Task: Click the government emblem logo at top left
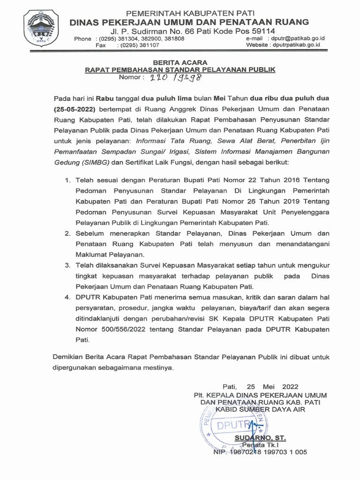42,29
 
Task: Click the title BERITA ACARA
180,62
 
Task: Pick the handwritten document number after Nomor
172,78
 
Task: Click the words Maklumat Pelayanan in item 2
111,255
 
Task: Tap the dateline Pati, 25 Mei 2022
260,387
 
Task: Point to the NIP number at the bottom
260,452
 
